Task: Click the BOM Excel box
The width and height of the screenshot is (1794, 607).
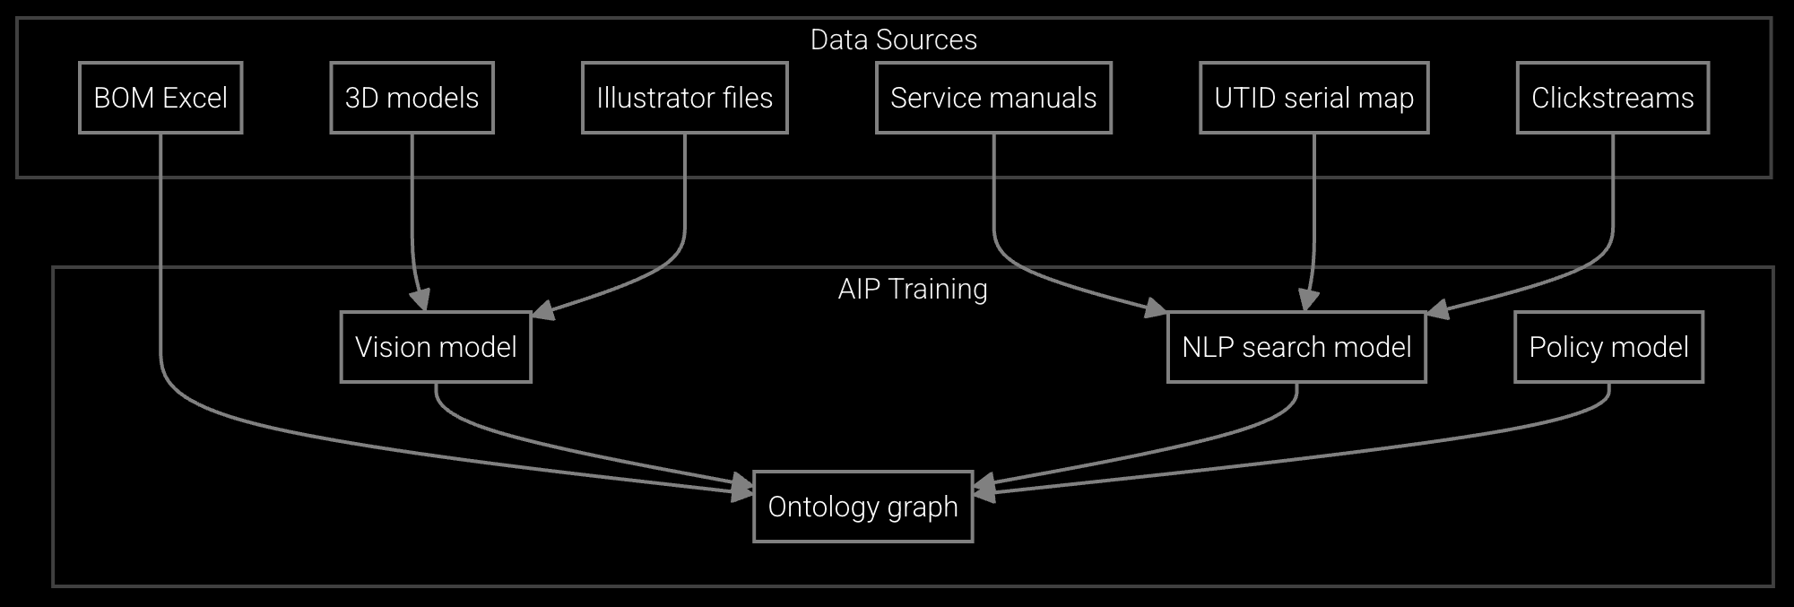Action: click(x=160, y=98)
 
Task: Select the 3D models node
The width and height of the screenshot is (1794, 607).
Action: click(x=412, y=98)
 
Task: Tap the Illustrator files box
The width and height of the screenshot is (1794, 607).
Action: click(x=684, y=98)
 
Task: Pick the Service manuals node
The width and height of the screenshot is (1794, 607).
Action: click(x=992, y=98)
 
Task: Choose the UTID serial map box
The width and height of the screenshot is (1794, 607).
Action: click(x=1313, y=98)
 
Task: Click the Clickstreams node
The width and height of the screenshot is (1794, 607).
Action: click(x=1612, y=98)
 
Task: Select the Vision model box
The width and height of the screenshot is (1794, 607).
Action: click(x=436, y=347)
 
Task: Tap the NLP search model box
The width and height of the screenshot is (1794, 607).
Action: click(x=1296, y=347)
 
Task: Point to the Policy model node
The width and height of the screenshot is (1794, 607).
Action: click(x=1608, y=347)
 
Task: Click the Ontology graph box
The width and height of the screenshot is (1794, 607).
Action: click(x=862, y=507)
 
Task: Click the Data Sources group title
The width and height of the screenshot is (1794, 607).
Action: click(x=893, y=39)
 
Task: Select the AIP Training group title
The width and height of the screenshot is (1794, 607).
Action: click(x=912, y=289)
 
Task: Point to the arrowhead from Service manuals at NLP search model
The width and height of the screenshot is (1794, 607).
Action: click(x=1156, y=310)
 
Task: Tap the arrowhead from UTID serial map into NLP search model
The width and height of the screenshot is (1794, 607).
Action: click(x=1308, y=301)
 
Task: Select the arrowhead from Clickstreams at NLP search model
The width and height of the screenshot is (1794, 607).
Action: click(x=1437, y=310)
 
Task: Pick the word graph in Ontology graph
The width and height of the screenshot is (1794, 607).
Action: click(x=923, y=507)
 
